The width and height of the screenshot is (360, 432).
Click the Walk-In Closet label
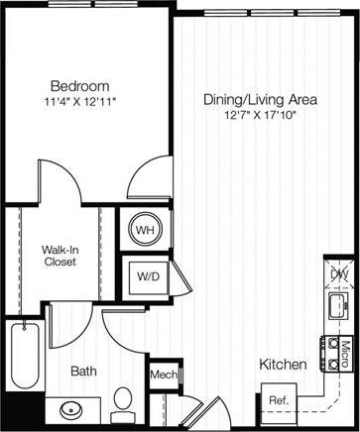coord(60,257)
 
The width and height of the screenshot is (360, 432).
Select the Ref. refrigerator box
coord(278,399)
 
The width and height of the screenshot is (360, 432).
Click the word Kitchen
coord(283,365)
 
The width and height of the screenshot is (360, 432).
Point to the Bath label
coord(83,372)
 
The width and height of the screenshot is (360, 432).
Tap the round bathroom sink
coord(71,408)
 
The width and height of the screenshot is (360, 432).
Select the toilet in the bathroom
coord(122,402)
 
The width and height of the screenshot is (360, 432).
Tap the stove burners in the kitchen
coord(328,348)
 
